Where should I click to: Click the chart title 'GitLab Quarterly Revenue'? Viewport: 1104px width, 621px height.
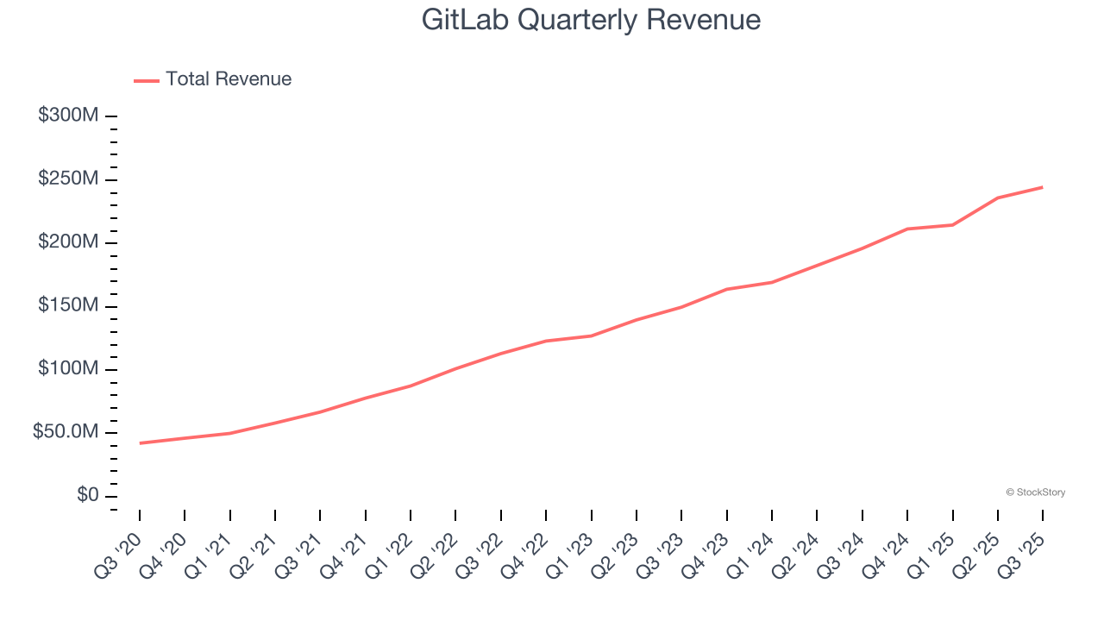(x=591, y=20)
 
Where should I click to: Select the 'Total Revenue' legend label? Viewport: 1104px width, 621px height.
(x=229, y=79)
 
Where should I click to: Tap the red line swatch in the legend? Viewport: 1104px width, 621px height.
(x=147, y=80)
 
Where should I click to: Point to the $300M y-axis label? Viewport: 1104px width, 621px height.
(x=68, y=116)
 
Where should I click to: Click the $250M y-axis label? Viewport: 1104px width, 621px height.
(x=68, y=179)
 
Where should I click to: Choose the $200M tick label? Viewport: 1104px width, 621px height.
(x=68, y=242)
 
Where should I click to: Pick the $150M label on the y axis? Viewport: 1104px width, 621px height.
(x=68, y=306)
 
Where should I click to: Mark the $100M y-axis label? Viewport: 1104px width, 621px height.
(x=68, y=369)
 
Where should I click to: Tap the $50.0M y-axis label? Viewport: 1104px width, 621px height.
(x=66, y=433)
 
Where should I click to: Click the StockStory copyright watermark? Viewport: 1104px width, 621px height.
(x=1035, y=492)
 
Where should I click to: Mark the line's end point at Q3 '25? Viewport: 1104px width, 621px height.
(x=1043, y=187)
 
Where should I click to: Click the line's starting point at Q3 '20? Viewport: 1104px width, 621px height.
(x=140, y=443)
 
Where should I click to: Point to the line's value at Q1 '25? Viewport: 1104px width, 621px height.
(x=952, y=225)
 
